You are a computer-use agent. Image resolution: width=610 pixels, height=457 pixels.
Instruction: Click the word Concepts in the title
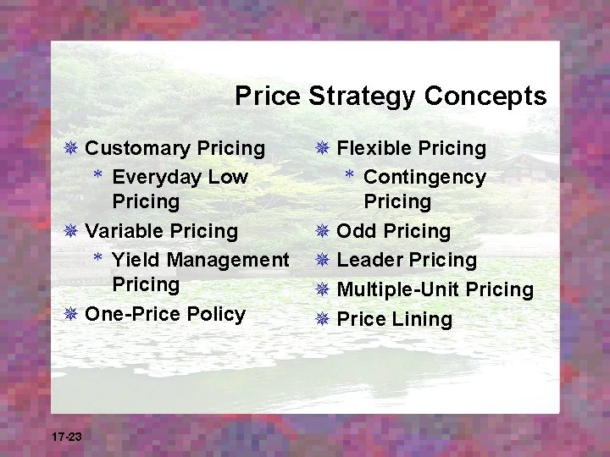(x=485, y=96)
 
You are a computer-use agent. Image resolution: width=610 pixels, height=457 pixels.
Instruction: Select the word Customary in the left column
(x=136, y=149)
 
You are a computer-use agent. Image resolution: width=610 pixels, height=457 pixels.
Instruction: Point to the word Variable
(x=125, y=231)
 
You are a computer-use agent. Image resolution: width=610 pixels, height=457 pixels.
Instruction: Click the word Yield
(x=133, y=260)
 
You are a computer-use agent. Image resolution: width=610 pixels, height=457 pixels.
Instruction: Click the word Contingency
(x=424, y=178)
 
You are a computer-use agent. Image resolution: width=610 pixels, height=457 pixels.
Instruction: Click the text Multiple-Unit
(x=398, y=290)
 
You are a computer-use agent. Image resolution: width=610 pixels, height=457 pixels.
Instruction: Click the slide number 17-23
(x=66, y=437)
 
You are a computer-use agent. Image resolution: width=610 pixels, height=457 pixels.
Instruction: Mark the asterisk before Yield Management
(x=99, y=258)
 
